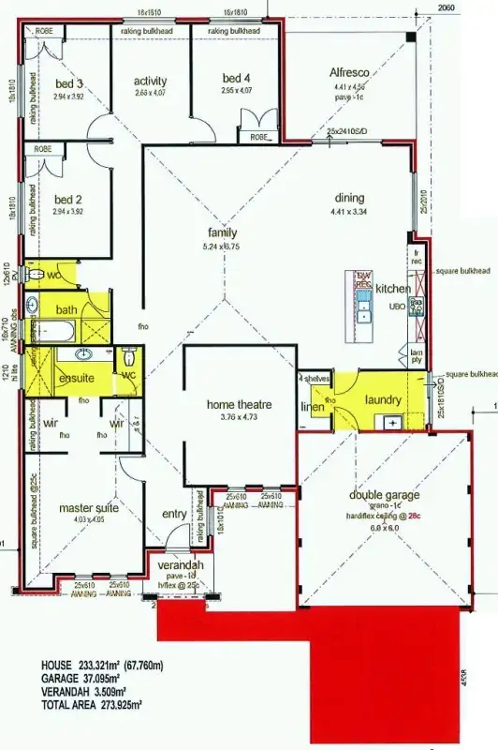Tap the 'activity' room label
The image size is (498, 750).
pyautogui.click(x=150, y=81)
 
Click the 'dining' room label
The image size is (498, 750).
pyautogui.click(x=350, y=198)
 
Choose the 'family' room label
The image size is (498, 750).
pyautogui.click(x=223, y=232)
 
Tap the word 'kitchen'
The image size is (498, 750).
pyautogui.click(x=393, y=290)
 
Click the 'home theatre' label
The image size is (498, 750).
pyautogui.click(x=240, y=404)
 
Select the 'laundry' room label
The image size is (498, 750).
pyautogui.click(x=383, y=400)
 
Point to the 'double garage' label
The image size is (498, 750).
pyautogui.click(x=385, y=495)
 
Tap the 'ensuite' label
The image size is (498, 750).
pyautogui.click(x=77, y=378)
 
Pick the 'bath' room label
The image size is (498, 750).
pyautogui.click(x=66, y=309)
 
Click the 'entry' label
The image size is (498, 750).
pyautogui.click(x=174, y=514)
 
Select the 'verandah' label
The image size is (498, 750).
pyautogui.click(x=182, y=567)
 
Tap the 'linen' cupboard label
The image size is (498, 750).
pyautogui.click(x=312, y=407)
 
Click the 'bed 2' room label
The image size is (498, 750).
pyautogui.click(x=68, y=199)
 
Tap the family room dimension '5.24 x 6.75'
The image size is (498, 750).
pyautogui.click(x=222, y=247)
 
